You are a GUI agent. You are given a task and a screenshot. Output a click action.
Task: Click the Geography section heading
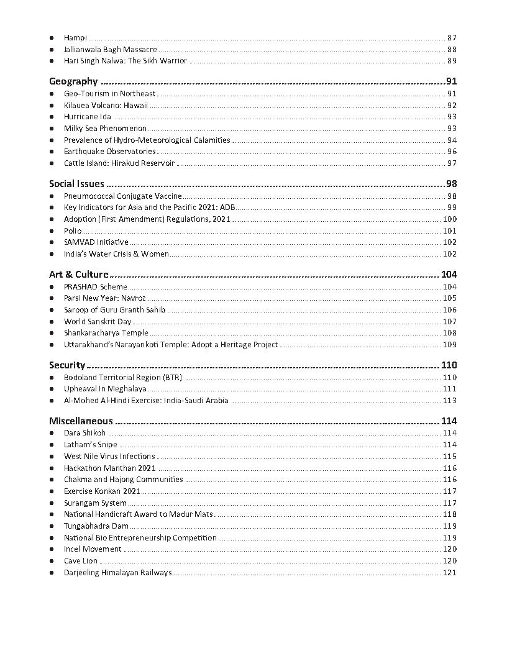[x=73, y=81]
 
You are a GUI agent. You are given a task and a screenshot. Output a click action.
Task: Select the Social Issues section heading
[x=76, y=184]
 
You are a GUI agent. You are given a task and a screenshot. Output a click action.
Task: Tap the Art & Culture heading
[x=78, y=275]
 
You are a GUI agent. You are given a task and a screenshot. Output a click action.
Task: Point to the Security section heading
[x=66, y=365]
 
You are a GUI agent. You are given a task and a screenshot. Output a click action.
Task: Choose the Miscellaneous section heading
[x=81, y=421]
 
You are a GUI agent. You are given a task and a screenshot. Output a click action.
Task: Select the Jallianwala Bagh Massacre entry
[x=110, y=49]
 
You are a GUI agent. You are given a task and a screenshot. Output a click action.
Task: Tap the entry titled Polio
[x=73, y=231]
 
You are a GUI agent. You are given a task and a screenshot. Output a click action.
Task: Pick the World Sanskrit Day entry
[x=98, y=322]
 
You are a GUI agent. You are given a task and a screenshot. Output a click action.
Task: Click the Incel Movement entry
[x=93, y=549]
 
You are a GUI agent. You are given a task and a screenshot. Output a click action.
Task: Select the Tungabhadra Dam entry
[x=96, y=526]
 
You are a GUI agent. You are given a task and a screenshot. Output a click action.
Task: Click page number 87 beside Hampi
[x=452, y=38]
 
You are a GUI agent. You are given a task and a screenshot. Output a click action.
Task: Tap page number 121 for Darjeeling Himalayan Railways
[x=449, y=573]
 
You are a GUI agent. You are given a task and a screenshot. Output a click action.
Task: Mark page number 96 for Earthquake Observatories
[x=452, y=152]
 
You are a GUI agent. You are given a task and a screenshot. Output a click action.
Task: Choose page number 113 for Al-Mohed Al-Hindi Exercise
[x=449, y=401]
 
